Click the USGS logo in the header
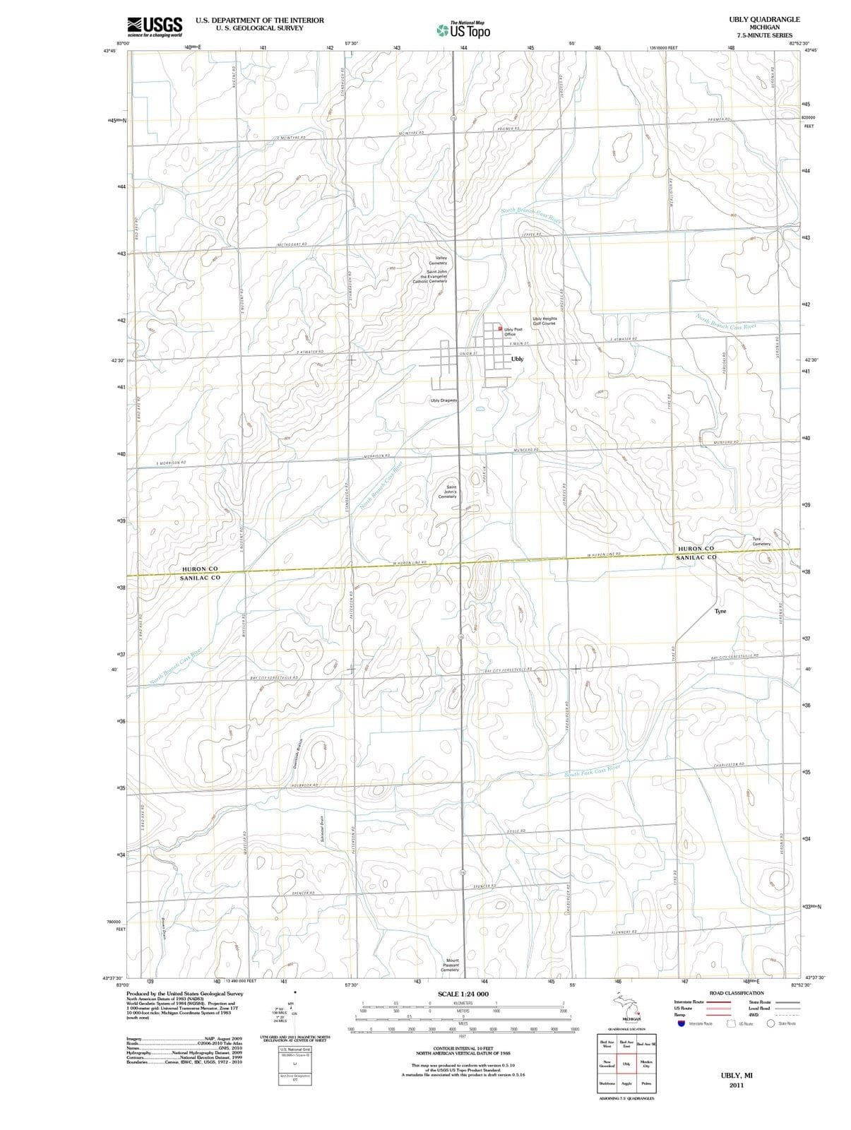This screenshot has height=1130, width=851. pyautogui.click(x=155, y=26)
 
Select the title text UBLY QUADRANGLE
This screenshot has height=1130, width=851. pyautogui.click(x=764, y=20)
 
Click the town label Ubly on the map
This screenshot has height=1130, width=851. pyautogui.click(x=517, y=359)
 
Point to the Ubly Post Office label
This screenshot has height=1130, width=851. pyautogui.click(x=513, y=331)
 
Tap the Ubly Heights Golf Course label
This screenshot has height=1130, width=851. pyautogui.click(x=544, y=321)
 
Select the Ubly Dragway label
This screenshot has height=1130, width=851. pyautogui.click(x=444, y=400)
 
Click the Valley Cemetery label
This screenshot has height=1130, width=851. pyautogui.click(x=438, y=261)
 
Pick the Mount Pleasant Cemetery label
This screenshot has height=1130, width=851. pyautogui.click(x=450, y=965)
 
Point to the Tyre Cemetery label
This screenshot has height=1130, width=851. pyautogui.click(x=761, y=541)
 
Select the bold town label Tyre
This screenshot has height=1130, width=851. pyautogui.click(x=720, y=611)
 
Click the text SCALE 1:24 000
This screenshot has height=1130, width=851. pyautogui.click(x=463, y=994)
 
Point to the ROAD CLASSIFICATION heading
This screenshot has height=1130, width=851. pyautogui.click(x=737, y=993)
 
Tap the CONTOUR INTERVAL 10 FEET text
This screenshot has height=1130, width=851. pyautogui.click(x=463, y=1047)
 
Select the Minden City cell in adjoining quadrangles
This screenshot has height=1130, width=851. pyautogui.click(x=646, y=1064)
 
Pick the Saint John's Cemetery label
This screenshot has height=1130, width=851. pyautogui.click(x=447, y=492)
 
